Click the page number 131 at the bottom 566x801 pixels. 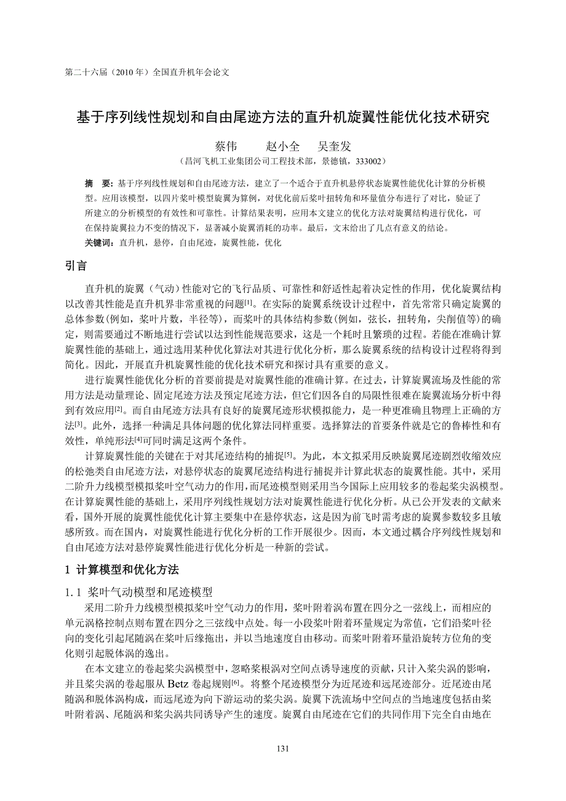pos(283,748)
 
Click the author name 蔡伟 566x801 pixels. pos(225,146)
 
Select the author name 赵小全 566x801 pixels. pos(282,146)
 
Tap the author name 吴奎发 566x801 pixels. pos(334,146)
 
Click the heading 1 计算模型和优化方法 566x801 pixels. pos(122,569)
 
